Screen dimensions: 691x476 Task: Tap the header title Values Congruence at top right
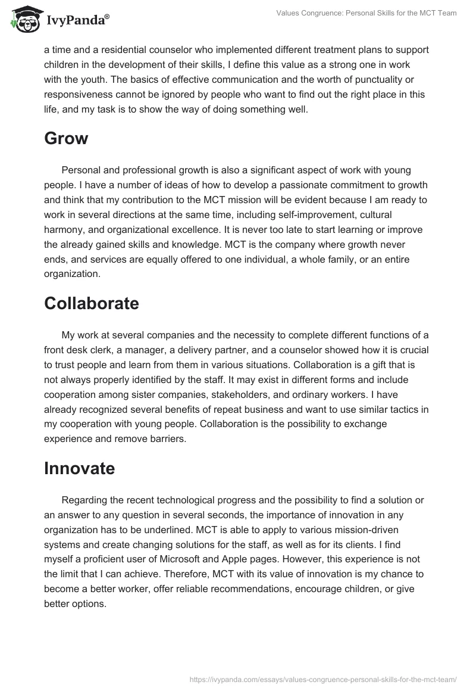point(366,13)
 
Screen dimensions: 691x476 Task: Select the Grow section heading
point(66,139)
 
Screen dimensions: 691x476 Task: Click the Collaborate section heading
point(91,303)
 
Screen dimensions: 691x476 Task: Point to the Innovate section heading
point(79,468)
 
